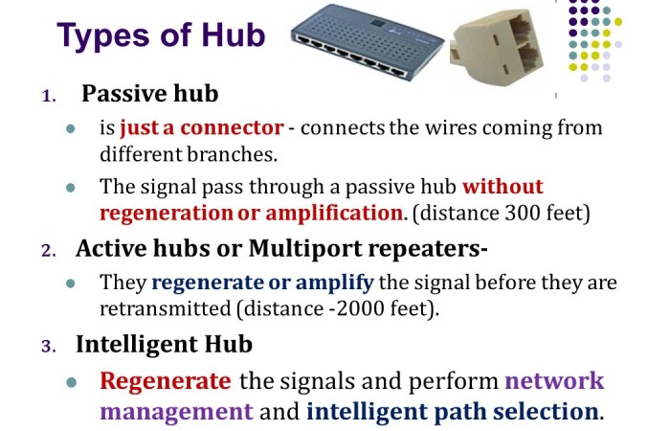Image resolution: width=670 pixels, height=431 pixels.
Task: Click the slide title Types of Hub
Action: tap(161, 36)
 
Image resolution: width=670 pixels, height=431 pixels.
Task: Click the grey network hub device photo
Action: tap(367, 41)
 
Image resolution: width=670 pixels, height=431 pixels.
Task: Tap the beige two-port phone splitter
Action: tap(497, 49)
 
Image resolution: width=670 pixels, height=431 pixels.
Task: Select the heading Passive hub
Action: tap(150, 93)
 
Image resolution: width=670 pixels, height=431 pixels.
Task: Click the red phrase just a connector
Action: tap(202, 127)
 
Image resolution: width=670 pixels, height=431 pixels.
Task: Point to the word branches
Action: tap(232, 154)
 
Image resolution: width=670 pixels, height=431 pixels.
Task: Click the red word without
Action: tap(502, 186)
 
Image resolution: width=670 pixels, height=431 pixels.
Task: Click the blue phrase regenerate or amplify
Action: tap(263, 283)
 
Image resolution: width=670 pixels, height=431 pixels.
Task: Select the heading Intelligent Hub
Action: tap(164, 344)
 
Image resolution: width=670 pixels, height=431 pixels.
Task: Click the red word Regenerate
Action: tap(166, 381)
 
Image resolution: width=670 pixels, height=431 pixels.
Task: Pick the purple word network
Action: tap(554, 380)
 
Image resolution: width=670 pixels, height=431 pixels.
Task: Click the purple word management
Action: tap(176, 412)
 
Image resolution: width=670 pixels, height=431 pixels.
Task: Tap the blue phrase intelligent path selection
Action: tap(452, 412)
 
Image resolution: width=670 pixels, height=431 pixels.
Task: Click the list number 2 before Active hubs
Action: tap(49, 251)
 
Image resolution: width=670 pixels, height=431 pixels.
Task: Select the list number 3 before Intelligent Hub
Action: tap(49, 347)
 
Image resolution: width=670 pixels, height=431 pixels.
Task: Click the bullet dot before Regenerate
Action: tap(72, 382)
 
